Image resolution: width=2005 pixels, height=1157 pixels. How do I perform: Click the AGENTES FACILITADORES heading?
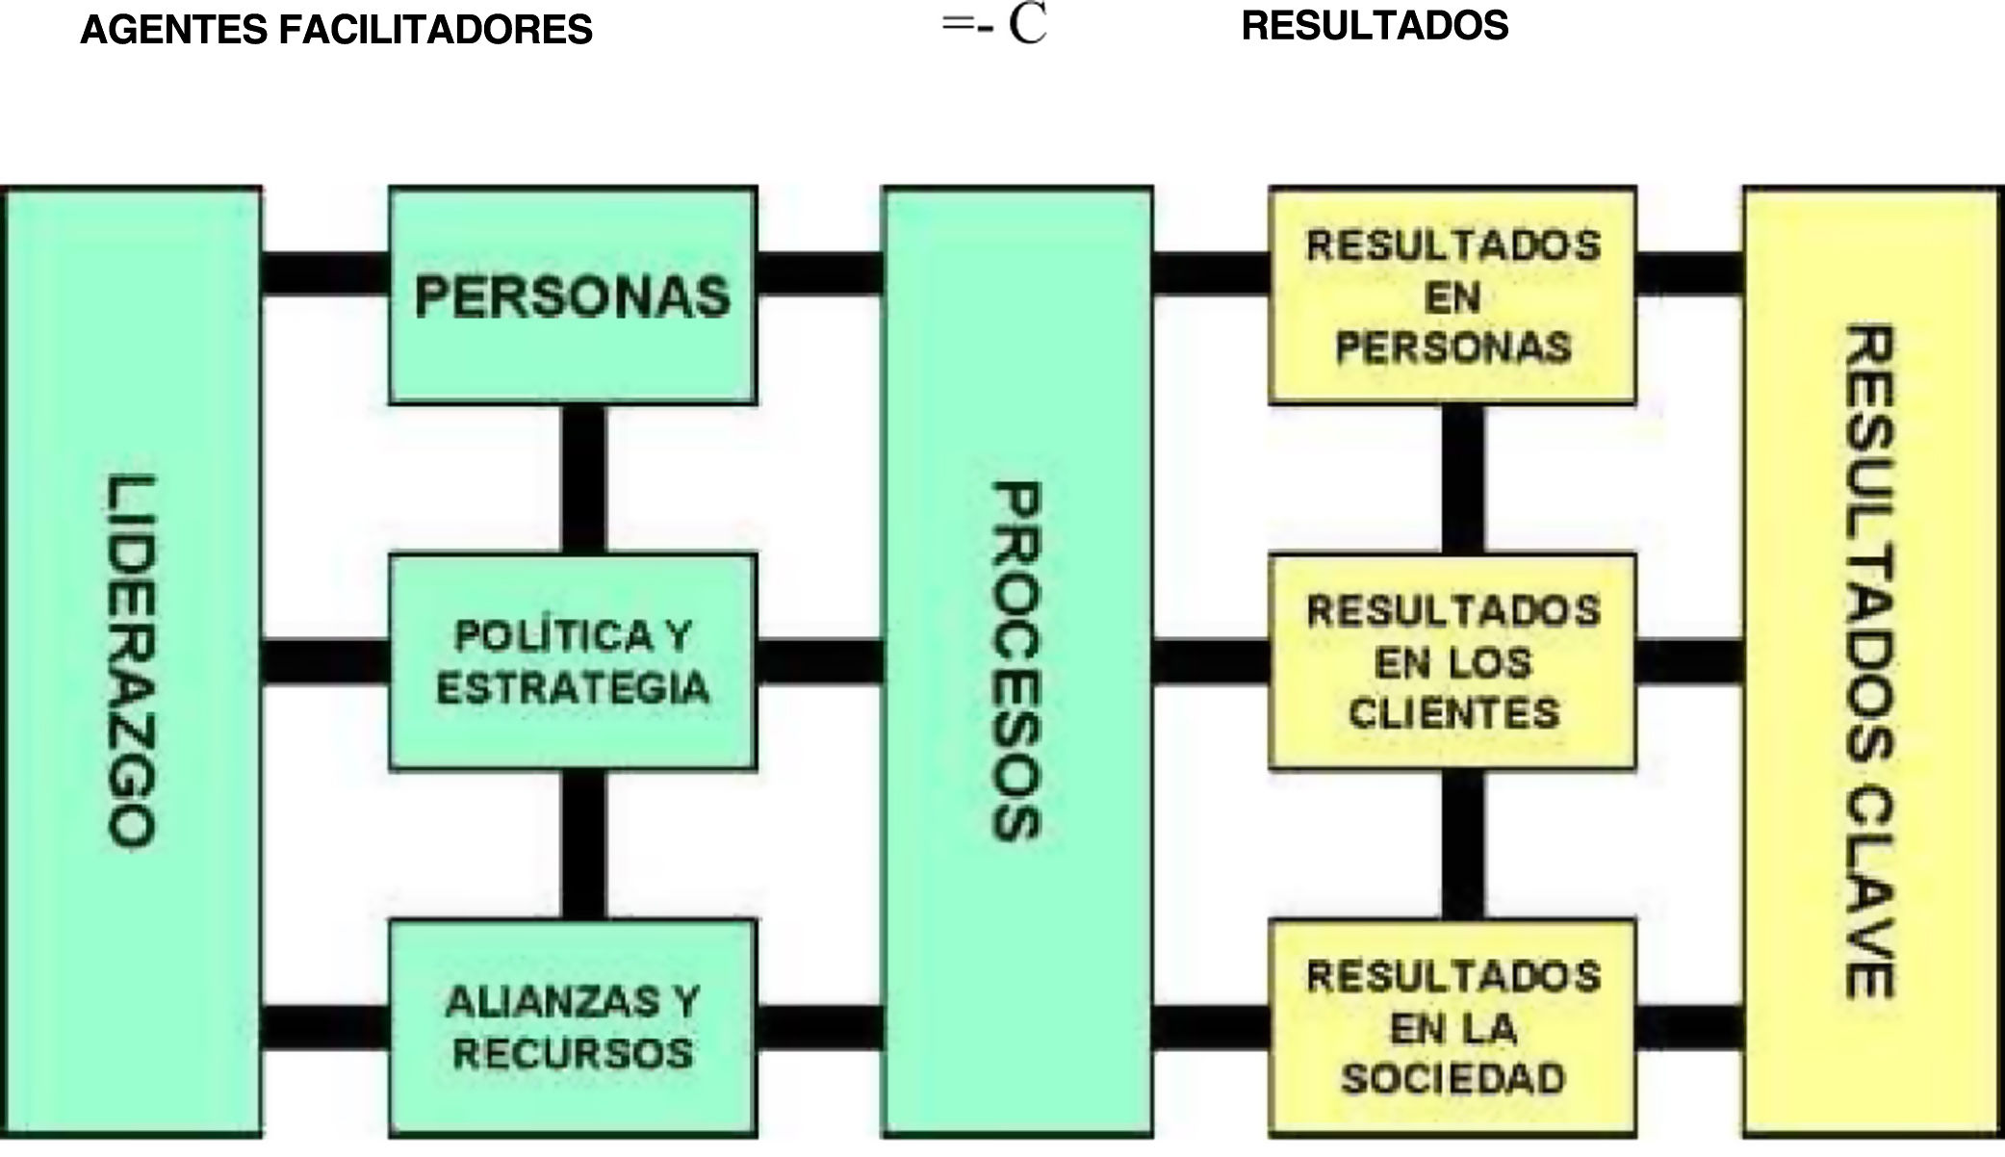click(x=336, y=31)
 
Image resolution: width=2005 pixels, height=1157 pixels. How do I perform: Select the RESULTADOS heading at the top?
click(x=1375, y=26)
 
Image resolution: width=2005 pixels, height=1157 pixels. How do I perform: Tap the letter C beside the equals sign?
click(x=1027, y=25)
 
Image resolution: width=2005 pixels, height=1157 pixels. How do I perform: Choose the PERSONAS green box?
click(x=572, y=296)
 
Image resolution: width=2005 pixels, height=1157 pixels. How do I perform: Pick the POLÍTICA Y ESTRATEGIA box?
click(x=572, y=661)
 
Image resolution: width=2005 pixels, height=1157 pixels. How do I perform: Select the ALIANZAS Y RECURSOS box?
click(x=572, y=1027)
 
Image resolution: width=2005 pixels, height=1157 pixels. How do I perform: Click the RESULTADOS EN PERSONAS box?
click(x=1452, y=296)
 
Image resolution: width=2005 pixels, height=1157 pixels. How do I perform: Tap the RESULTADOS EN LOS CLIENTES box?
click(x=1452, y=661)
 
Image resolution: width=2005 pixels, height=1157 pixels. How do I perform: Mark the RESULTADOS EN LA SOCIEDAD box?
click(x=1452, y=1027)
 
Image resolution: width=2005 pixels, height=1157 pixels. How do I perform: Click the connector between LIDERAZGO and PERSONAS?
click(x=324, y=273)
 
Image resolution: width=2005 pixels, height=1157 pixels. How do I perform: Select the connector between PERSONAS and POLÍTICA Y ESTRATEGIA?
click(x=583, y=478)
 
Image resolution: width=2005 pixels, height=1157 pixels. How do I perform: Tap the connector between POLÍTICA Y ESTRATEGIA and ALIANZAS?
click(x=583, y=844)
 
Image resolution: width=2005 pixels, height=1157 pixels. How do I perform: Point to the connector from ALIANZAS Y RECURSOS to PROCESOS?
click(x=819, y=1027)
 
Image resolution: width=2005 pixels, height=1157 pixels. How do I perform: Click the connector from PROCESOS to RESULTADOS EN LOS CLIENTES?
click(x=1211, y=661)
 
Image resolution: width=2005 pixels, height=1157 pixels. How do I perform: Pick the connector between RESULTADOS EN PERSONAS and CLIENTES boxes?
click(x=1463, y=478)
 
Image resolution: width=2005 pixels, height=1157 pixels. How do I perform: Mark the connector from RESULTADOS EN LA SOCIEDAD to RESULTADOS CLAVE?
click(x=1689, y=1027)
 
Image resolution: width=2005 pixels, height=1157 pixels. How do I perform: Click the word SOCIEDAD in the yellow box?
click(x=1452, y=1078)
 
